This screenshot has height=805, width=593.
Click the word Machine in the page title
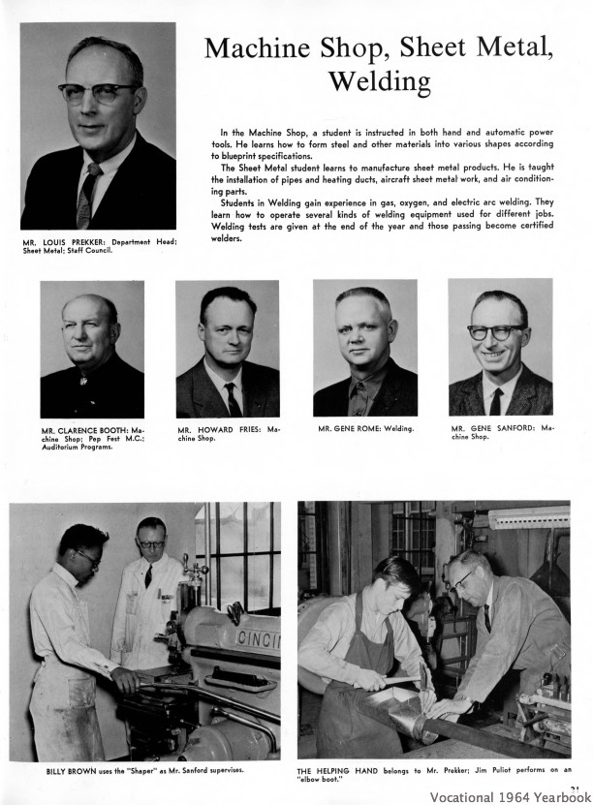click(x=264, y=47)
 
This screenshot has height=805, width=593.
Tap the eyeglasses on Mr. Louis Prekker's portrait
click(x=98, y=93)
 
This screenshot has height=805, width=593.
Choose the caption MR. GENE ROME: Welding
click(x=365, y=428)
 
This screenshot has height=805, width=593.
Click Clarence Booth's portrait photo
click(x=92, y=349)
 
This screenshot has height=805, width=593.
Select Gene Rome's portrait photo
click(x=364, y=349)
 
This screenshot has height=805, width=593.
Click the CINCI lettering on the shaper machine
click(x=255, y=639)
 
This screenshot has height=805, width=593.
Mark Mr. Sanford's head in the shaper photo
click(x=151, y=537)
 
